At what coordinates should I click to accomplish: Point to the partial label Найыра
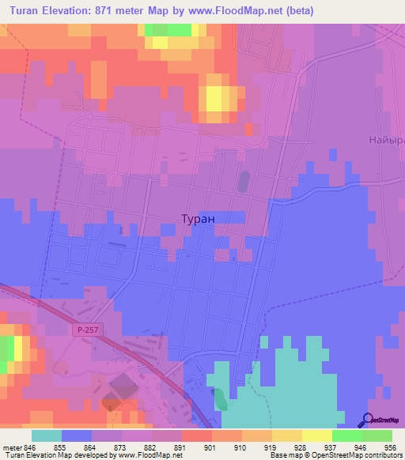pyautogui.click(x=386, y=140)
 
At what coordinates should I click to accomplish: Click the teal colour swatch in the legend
pyautogui.click(x=47, y=435)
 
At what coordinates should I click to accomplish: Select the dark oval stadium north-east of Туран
pyautogui.click(x=243, y=181)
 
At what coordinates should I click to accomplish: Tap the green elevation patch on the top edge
pyautogui.click(x=168, y=29)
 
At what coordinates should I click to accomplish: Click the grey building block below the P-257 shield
pyautogui.click(x=122, y=388)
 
